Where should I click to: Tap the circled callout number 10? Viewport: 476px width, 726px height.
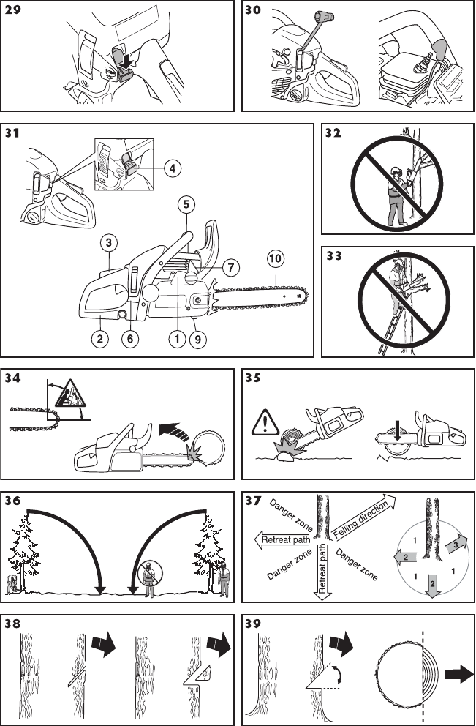tap(276, 258)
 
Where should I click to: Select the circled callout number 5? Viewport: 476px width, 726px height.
tap(186, 203)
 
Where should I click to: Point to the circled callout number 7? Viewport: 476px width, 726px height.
tap(229, 267)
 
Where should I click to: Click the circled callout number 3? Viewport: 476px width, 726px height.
tap(108, 242)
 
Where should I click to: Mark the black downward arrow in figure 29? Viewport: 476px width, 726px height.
tap(129, 63)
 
